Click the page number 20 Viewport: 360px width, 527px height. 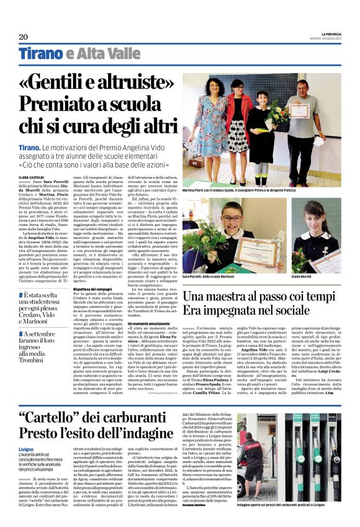point(24,37)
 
